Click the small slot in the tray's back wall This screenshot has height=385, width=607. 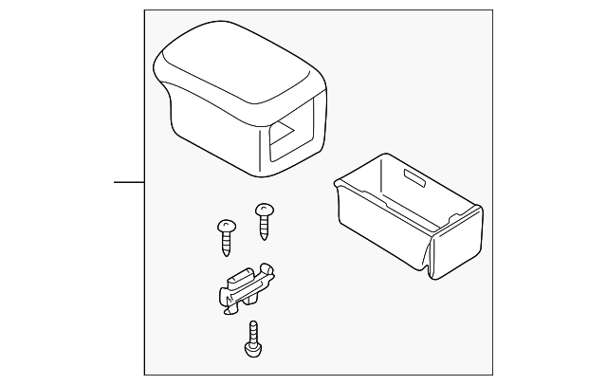click(x=414, y=177)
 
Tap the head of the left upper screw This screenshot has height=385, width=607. click(x=226, y=225)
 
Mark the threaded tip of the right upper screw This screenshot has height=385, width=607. click(x=265, y=233)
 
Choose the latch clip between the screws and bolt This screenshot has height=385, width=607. click(x=242, y=289)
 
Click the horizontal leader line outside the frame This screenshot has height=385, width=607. click(x=129, y=182)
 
